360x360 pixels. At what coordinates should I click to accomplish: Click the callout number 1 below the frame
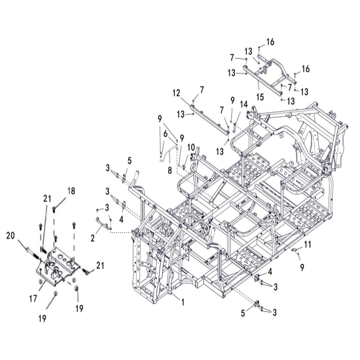click(183, 303)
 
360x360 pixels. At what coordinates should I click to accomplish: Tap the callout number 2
click(93, 238)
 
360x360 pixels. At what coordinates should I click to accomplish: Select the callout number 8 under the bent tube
click(170, 170)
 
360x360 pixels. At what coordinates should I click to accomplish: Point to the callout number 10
click(191, 147)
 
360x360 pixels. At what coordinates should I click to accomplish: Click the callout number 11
click(307, 244)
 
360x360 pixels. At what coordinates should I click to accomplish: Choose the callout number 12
click(176, 93)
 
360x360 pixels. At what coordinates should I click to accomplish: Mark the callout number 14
click(244, 104)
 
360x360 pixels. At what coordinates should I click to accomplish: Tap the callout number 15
click(260, 97)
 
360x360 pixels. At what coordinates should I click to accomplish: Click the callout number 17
click(33, 298)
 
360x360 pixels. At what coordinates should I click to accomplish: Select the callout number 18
click(71, 191)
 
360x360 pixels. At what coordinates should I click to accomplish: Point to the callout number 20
click(11, 236)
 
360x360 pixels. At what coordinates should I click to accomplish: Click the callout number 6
click(166, 133)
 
